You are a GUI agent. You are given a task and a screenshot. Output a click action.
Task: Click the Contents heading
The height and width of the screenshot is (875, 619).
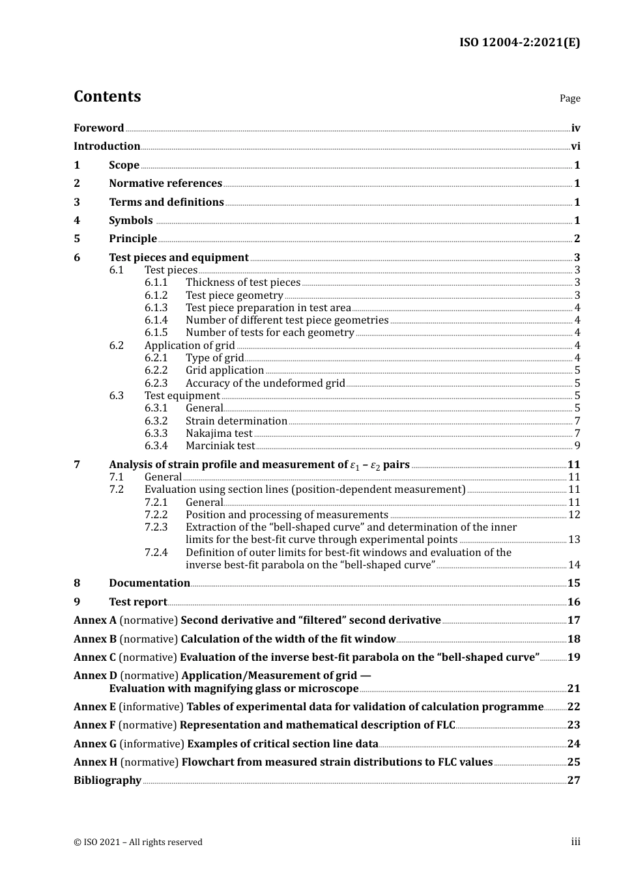[x=107, y=96]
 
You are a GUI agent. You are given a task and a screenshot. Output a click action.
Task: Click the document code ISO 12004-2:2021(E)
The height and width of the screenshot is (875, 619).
[x=519, y=42]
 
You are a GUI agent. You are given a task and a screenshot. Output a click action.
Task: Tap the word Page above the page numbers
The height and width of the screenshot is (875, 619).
[x=569, y=98]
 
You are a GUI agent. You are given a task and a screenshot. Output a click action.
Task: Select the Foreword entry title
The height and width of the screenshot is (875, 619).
[x=98, y=128]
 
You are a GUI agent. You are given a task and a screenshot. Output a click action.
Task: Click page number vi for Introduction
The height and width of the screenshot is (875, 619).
[x=575, y=146]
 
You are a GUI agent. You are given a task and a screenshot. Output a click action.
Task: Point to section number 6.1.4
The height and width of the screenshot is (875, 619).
[x=156, y=320]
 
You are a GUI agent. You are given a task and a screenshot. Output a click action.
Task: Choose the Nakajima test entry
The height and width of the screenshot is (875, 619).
[x=219, y=434]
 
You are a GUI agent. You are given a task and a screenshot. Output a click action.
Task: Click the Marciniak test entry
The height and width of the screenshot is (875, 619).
[x=220, y=446]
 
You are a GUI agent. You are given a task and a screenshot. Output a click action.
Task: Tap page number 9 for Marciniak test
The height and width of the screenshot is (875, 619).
[x=577, y=446]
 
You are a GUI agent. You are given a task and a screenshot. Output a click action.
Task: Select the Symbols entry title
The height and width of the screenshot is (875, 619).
[x=131, y=221]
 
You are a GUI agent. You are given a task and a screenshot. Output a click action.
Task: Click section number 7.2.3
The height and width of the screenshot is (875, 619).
[x=156, y=527]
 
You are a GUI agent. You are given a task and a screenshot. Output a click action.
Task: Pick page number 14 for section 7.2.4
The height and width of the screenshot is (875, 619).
[x=574, y=565]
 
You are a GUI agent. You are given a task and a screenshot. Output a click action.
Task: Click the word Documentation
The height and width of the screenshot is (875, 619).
[x=149, y=583]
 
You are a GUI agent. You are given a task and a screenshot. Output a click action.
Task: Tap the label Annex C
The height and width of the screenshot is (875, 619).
[x=94, y=658]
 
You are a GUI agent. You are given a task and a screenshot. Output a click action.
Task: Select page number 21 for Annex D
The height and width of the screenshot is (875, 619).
[x=573, y=689]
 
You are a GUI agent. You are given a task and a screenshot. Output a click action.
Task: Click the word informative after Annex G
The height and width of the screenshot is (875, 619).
[x=152, y=744]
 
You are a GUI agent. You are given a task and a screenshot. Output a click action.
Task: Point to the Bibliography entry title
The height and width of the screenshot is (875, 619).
[x=108, y=781]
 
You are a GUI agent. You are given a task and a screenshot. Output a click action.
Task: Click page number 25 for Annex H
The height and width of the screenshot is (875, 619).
[x=573, y=762]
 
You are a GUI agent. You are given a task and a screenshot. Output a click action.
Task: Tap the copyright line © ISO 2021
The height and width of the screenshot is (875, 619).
[x=138, y=842]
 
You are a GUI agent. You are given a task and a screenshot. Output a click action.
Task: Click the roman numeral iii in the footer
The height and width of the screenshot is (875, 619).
[x=575, y=842]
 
